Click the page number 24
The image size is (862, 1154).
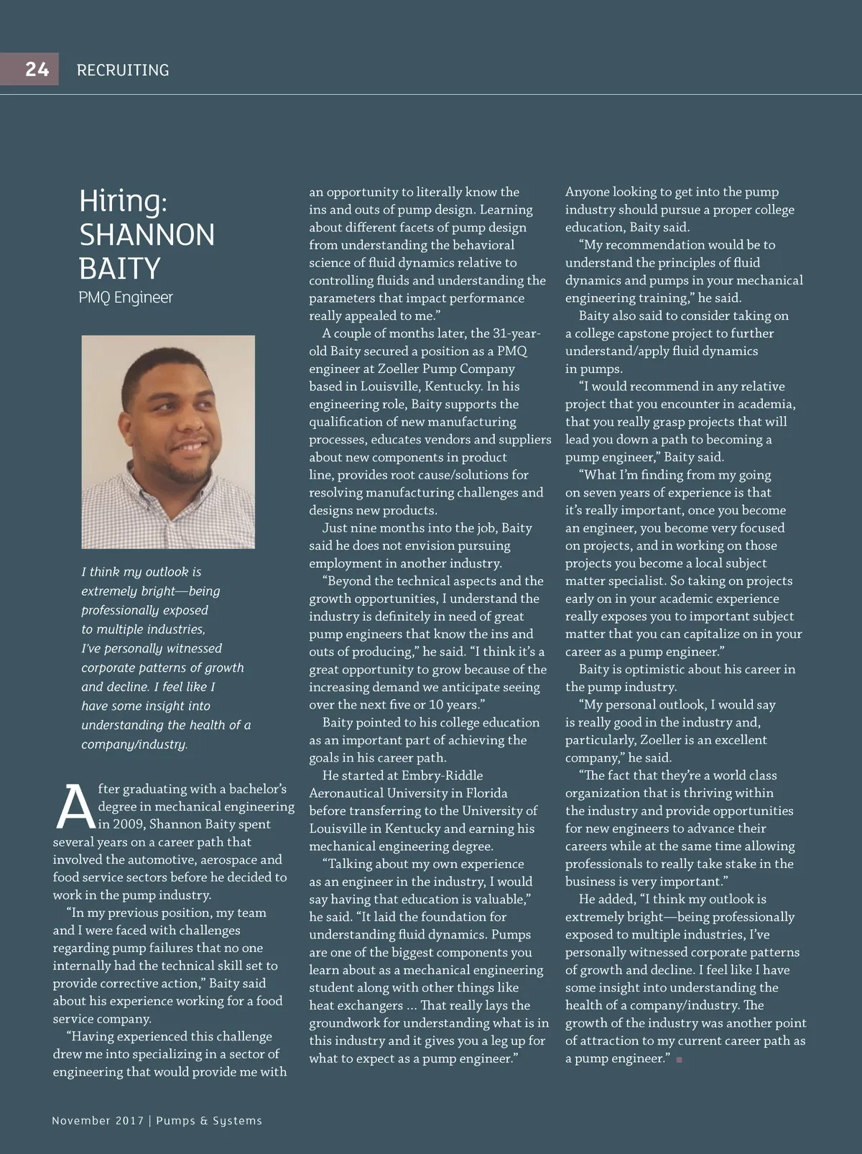(37, 69)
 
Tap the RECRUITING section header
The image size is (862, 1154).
(123, 70)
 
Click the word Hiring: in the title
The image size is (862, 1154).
(123, 200)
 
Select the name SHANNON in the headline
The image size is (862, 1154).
(147, 235)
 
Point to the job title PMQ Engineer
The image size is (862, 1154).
(126, 297)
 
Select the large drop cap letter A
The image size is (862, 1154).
(75, 806)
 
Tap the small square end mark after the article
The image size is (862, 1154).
(679, 1059)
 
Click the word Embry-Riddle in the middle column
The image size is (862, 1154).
(442, 776)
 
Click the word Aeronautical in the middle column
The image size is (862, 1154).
(346, 793)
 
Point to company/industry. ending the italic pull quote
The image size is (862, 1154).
(134, 744)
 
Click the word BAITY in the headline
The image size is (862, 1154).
(119, 269)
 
